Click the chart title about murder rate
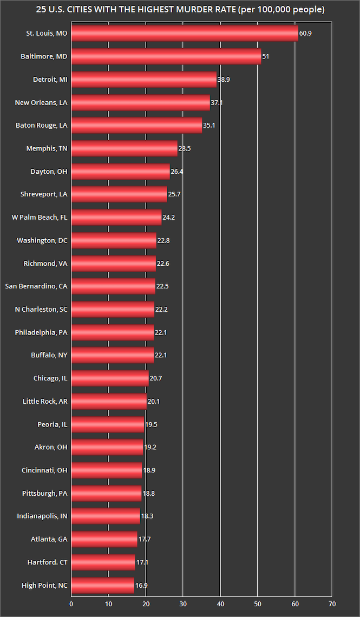click(180, 10)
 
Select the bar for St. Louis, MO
click(184, 34)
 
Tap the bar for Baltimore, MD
click(166, 56)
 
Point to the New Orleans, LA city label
click(41, 102)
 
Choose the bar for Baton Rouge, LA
click(136, 125)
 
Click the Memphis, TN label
click(47, 148)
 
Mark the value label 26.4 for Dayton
click(178, 172)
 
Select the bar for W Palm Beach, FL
click(116, 217)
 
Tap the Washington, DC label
click(42, 240)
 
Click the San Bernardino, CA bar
click(113, 286)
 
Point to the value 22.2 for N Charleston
click(162, 309)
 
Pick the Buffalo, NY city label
click(49, 355)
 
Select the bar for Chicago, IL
click(109, 378)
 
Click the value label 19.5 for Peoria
click(151, 424)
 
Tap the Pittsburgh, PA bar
click(106, 493)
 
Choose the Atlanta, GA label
click(49, 539)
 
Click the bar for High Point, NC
click(102, 585)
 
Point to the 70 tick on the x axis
click(332, 604)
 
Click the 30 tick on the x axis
click(183, 604)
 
